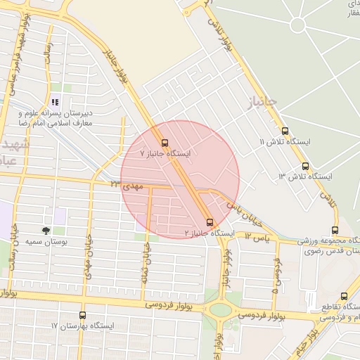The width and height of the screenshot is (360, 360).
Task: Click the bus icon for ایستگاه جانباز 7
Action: (165, 142)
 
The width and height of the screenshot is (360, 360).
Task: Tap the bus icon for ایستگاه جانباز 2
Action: (209, 222)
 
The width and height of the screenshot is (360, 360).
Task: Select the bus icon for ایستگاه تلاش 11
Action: (285, 131)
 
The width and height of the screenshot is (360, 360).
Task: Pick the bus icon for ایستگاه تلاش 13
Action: (305, 167)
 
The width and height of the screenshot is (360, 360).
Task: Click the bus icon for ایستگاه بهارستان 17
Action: (83, 316)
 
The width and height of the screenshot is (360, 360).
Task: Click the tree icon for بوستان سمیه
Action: (46, 230)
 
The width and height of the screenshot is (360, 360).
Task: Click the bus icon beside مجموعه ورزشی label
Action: (335, 230)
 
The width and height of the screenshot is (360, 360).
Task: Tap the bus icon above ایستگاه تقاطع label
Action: (344, 297)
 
